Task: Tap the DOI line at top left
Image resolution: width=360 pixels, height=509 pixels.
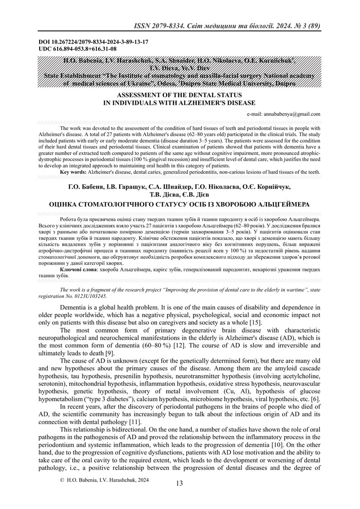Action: coord(94,42)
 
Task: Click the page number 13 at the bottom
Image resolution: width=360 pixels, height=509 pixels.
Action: coord(180,483)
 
